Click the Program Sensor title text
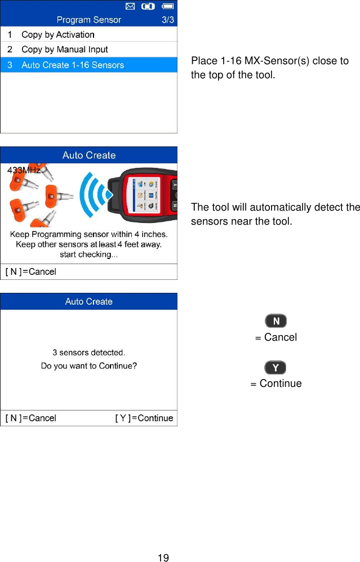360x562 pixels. point(88,20)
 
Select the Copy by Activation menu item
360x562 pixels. point(57,35)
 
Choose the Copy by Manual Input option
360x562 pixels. point(64,50)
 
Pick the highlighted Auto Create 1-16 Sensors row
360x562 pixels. point(72,65)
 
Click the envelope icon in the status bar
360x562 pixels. point(130,7)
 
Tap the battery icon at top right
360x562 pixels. point(167,7)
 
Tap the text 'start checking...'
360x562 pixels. point(88,255)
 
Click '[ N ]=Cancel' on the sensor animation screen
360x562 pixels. point(31,272)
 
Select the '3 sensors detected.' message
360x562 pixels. point(88,353)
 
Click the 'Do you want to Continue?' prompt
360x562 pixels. point(88,366)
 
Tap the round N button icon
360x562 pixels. point(275,321)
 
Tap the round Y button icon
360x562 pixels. point(275,368)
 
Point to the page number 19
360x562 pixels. point(163,557)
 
